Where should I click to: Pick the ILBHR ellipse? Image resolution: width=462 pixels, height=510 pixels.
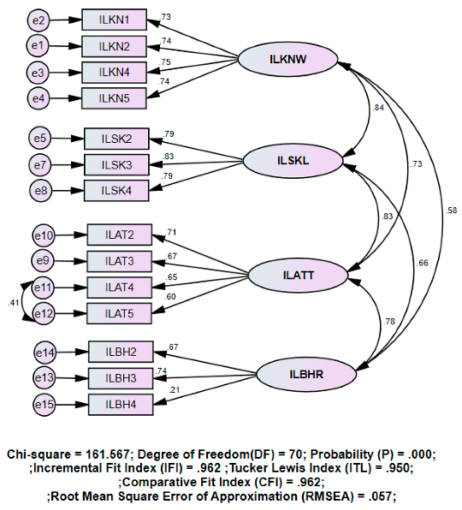[x=305, y=373]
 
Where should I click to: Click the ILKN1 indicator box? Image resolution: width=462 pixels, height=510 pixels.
[x=114, y=19]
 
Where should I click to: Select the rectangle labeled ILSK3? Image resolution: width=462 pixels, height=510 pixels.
[x=116, y=164]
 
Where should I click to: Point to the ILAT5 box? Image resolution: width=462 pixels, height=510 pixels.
[x=119, y=314]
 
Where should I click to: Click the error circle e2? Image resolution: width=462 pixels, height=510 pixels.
[x=38, y=19]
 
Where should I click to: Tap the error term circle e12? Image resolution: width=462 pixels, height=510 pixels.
[x=44, y=314]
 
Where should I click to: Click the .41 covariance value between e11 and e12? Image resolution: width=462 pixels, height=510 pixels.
[x=14, y=302]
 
